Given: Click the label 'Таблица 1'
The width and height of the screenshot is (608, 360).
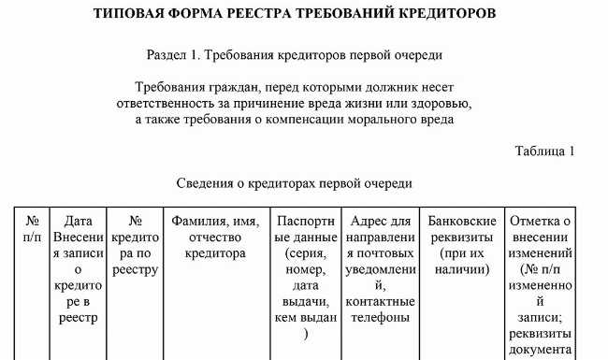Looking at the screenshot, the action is click(x=544, y=150).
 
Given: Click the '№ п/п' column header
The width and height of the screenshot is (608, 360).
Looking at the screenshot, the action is click(x=32, y=230).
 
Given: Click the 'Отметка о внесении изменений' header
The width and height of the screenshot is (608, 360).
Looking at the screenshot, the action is click(x=539, y=238).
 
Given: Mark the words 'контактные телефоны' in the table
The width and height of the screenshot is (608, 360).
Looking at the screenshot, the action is click(x=380, y=309).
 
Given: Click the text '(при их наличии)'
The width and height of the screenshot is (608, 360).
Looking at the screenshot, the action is click(x=462, y=261).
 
